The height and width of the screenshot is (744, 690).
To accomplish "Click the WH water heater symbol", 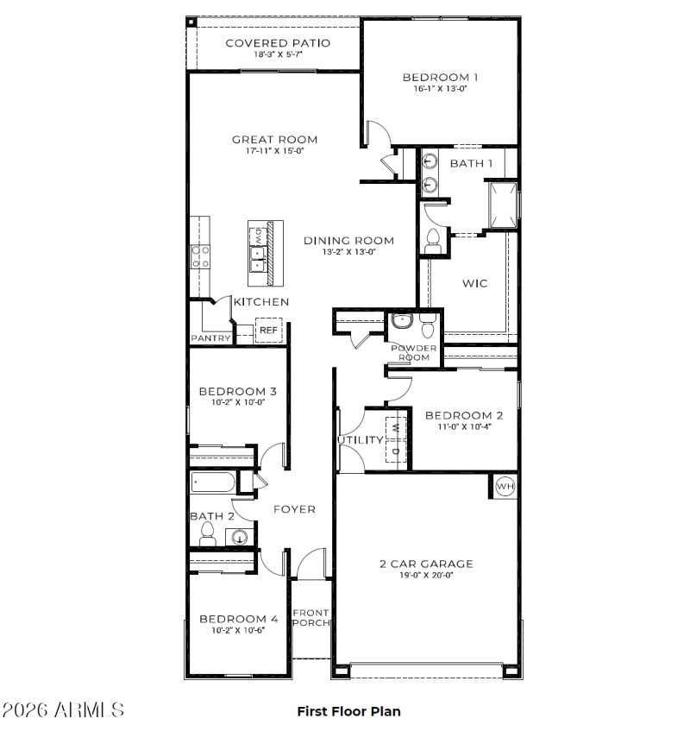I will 505,487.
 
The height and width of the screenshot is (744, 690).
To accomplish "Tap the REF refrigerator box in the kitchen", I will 268,331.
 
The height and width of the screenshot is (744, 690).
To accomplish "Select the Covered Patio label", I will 278,42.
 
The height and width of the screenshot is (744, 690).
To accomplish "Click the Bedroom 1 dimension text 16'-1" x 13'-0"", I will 440,89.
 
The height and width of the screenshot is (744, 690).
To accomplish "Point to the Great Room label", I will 274,139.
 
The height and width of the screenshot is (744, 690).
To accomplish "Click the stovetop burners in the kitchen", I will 200,255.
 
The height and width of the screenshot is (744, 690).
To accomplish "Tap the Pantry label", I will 211,338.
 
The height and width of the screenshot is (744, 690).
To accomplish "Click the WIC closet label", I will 475,283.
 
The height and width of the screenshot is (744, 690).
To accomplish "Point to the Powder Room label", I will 415,353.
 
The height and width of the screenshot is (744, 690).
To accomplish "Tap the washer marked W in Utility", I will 396,426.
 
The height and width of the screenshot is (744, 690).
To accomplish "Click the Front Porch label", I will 310,618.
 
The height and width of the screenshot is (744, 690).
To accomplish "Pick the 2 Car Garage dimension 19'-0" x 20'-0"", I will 426,576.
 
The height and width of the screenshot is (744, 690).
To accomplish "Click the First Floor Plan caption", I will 348,712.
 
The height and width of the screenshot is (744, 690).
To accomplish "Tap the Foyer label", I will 294,509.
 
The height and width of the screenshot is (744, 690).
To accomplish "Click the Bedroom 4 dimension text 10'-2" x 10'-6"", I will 238,630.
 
